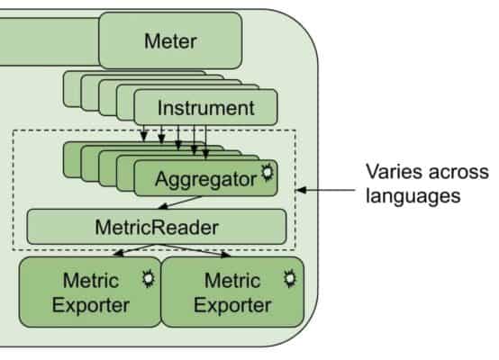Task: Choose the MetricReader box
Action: point(156,226)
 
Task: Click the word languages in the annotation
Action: point(405,193)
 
